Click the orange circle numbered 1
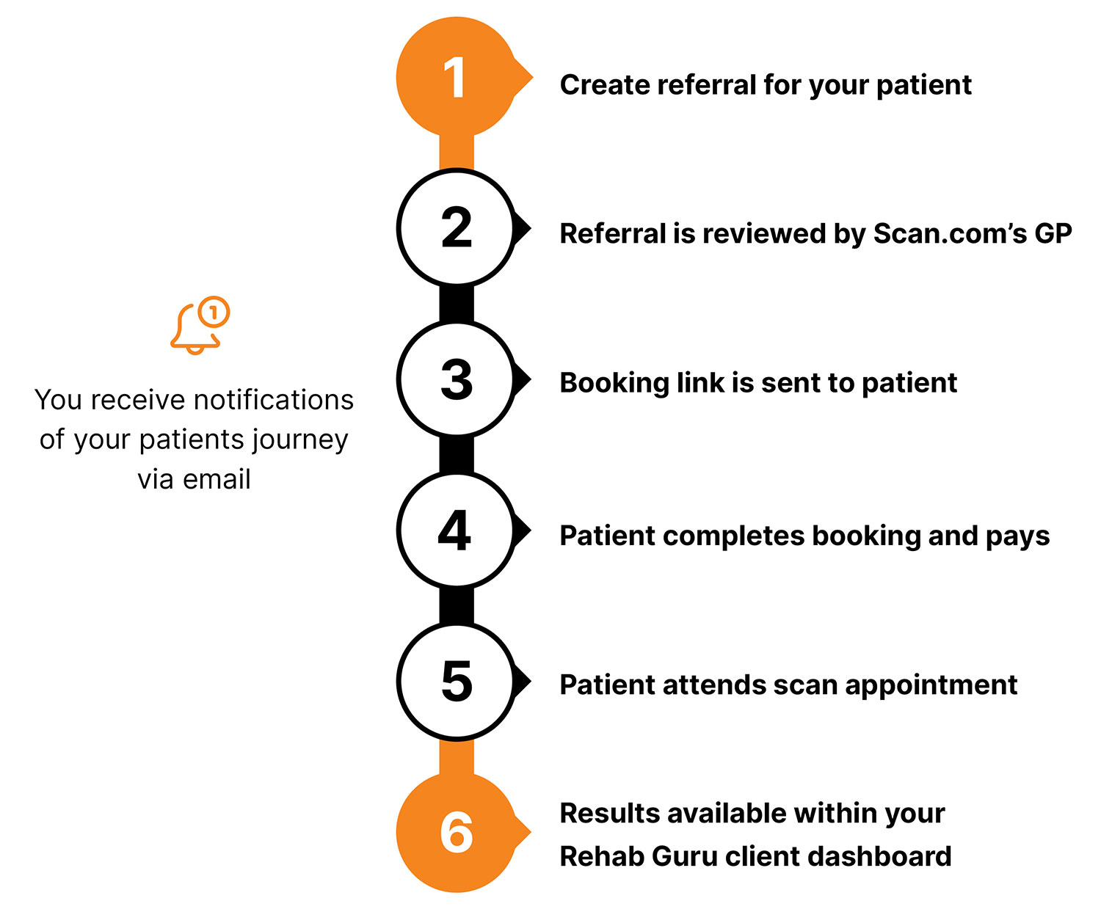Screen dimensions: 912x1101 (456, 77)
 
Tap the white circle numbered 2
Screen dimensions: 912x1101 (456, 228)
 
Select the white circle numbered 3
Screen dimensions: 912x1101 (456, 379)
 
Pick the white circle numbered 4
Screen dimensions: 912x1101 (456, 530)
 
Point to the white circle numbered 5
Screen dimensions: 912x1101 (456, 682)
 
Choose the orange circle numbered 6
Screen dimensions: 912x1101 (456, 832)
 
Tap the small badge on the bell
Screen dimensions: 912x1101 (214, 313)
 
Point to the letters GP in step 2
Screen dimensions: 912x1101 (1053, 234)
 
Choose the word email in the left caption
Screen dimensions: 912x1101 (217, 479)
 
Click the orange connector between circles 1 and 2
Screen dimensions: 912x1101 (456, 153)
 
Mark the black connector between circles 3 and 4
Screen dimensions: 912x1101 (456, 454)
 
